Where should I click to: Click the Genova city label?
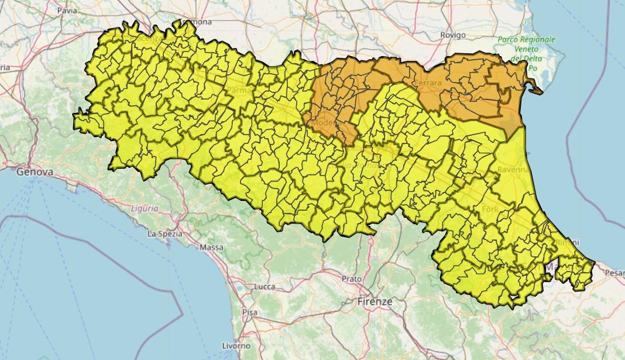(x=35, y=172)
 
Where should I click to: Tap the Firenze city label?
(x=375, y=301)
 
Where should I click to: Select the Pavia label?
(x=67, y=11)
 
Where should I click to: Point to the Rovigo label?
(x=452, y=35)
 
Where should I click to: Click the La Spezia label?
(x=164, y=234)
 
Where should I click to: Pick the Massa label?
(x=211, y=247)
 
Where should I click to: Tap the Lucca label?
(x=265, y=287)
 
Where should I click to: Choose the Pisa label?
(x=249, y=313)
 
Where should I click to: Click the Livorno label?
(x=236, y=346)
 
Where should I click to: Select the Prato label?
(x=352, y=279)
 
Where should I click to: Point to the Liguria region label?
(x=144, y=208)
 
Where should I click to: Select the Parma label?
(x=239, y=91)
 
